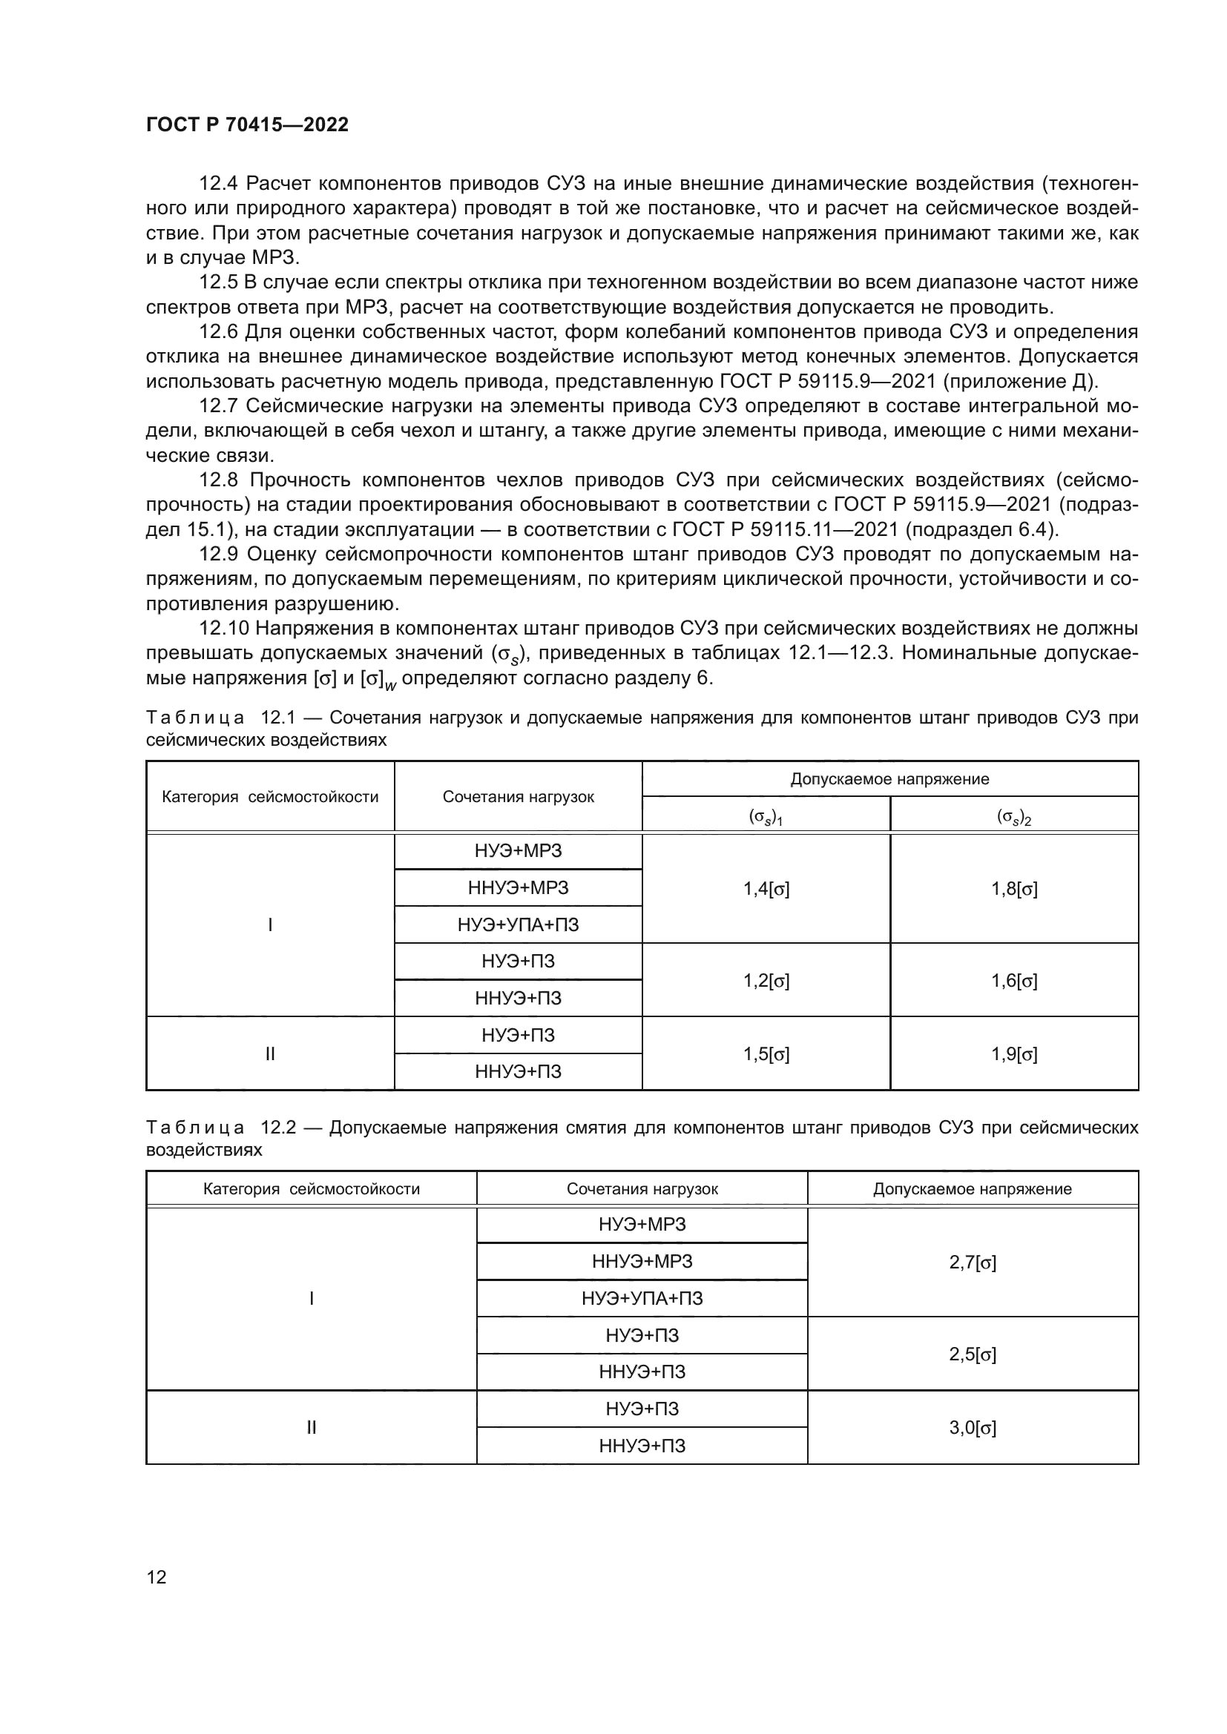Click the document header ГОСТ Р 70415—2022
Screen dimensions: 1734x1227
pos(247,125)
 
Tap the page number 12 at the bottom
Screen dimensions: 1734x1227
pos(157,1577)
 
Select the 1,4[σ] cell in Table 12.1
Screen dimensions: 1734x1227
pos(766,889)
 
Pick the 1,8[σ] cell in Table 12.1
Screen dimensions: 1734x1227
pos(1014,889)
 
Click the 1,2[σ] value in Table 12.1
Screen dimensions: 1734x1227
pos(766,981)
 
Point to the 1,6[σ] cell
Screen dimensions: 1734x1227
pos(1014,981)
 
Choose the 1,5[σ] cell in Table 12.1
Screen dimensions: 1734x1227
pos(766,1054)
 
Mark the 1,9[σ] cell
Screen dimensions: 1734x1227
pos(1014,1054)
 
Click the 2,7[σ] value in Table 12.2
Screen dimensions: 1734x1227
pos(973,1263)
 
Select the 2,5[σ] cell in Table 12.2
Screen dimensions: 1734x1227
pos(973,1354)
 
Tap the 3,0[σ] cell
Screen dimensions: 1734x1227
pos(973,1427)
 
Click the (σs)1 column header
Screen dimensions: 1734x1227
pos(766,817)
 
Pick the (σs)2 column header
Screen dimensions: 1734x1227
pos(1014,817)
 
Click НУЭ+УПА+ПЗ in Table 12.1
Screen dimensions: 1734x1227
pos(519,924)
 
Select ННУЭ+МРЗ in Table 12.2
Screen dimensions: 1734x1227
pos(642,1261)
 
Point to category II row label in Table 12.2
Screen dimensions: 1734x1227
pos(311,1427)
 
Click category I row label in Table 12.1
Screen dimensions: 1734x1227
pos(270,924)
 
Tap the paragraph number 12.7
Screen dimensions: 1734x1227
pos(218,406)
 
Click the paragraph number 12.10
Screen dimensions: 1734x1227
pos(223,629)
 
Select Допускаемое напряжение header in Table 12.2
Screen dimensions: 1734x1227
pos(973,1188)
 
